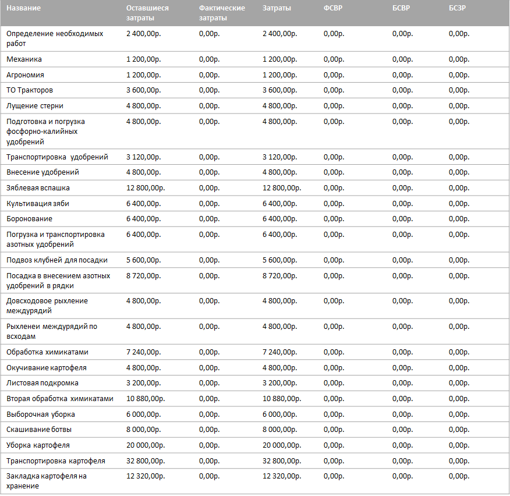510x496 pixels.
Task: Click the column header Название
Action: [x=23, y=8]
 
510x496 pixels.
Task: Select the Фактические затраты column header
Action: [x=222, y=13]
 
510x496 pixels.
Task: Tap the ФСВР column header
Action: [x=333, y=8]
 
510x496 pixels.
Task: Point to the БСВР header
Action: [x=401, y=8]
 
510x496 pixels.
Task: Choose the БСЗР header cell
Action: [x=457, y=8]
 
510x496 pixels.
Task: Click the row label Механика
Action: [x=24, y=59]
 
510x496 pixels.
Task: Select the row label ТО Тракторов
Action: [x=30, y=90]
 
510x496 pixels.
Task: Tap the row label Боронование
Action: [x=29, y=219]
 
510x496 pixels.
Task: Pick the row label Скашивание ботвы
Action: [x=39, y=430]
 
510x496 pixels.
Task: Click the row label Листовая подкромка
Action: [x=42, y=383]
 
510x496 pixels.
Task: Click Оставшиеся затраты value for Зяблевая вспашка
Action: [x=146, y=188]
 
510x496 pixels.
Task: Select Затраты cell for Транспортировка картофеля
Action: [x=282, y=461]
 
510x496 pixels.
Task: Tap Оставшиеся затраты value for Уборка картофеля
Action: [x=146, y=445]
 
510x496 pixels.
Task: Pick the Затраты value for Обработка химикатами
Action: [x=279, y=352]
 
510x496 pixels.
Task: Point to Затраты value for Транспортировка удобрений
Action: [x=279, y=157]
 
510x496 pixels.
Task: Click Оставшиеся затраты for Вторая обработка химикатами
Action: [x=146, y=399]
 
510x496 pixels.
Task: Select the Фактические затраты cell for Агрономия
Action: [x=209, y=75]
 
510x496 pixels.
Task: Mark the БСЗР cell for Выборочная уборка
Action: [x=459, y=414]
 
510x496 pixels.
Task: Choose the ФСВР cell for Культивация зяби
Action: [x=334, y=204]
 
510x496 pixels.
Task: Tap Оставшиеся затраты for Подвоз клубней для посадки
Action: [x=143, y=260]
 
